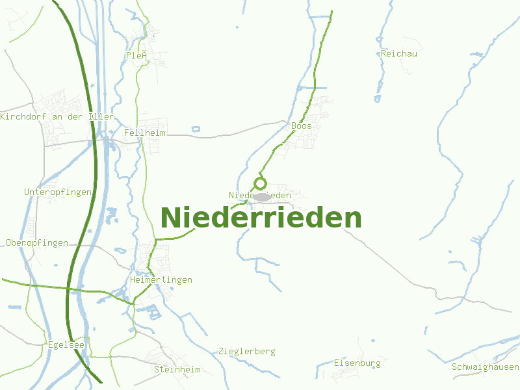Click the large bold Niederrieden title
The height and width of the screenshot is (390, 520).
tap(261, 218)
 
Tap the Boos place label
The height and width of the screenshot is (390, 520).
tap(302, 125)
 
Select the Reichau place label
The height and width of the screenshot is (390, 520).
tap(399, 53)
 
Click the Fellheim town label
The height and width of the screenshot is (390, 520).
tap(145, 133)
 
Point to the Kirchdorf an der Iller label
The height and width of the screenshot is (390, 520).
tap(57, 116)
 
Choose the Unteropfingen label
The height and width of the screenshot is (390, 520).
tap(58, 192)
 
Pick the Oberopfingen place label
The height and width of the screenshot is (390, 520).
tap(37, 242)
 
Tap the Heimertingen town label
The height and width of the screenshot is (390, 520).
tap(161, 279)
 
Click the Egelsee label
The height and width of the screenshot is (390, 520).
tap(66, 344)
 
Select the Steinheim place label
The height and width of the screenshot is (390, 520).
tap(177, 369)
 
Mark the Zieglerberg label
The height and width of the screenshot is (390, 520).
tap(247, 351)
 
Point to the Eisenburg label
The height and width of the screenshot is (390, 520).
tap(357, 363)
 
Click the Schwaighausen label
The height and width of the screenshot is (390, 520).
tap(486, 367)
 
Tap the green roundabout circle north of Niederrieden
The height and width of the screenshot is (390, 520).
tap(260, 183)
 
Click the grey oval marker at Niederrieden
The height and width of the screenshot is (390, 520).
tap(262, 196)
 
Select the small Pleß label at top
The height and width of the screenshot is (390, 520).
tap(136, 55)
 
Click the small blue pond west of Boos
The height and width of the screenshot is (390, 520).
tap(196, 129)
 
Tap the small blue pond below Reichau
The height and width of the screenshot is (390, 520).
tap(378, 99)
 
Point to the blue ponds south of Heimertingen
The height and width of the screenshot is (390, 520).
tap(155, 313)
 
